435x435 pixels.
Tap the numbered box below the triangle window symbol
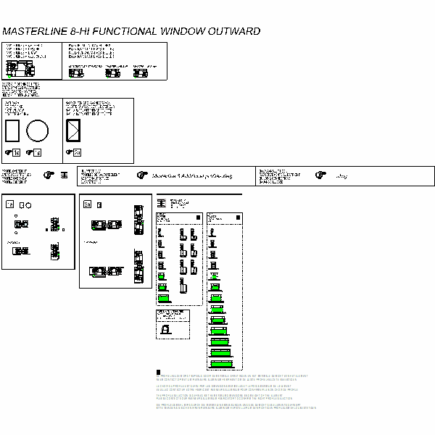point(77,152)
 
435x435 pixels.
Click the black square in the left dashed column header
point(198,217)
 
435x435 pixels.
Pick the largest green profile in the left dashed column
point(165,297)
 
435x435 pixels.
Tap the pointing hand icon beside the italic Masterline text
point(141,175)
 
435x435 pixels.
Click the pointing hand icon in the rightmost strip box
point(319,175)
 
